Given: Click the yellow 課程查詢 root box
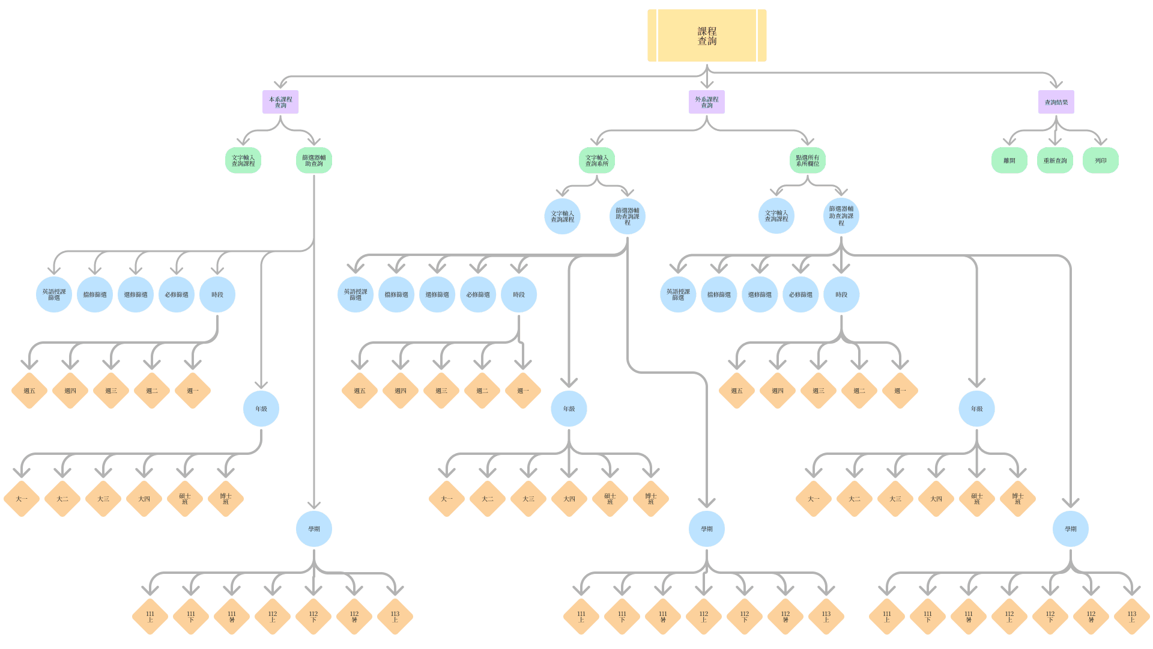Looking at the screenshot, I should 707,35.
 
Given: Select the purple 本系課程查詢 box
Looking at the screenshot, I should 280,102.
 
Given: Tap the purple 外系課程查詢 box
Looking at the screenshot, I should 707,102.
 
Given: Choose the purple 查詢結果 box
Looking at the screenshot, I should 1056,102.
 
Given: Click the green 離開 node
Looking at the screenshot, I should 1009,160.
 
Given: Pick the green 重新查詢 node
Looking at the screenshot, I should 1055,160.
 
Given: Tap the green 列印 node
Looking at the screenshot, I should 1101,160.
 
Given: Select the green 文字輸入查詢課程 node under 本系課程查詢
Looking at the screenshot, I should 243,160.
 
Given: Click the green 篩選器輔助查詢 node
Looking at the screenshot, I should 314,160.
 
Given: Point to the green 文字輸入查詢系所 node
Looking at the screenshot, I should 597,160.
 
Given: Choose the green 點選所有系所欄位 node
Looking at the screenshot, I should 808,160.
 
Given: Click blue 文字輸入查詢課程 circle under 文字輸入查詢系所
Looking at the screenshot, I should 563,216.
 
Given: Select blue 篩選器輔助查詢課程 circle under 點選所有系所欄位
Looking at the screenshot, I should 841,216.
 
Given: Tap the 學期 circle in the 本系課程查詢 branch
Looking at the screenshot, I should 314,529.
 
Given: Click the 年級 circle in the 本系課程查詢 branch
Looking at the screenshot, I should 261,409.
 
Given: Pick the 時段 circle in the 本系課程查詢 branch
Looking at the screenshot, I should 217,294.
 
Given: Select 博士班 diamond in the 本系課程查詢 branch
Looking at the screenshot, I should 226,499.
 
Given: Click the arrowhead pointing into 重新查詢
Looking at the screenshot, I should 1056,142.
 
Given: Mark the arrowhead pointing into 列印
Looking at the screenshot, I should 1100,142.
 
